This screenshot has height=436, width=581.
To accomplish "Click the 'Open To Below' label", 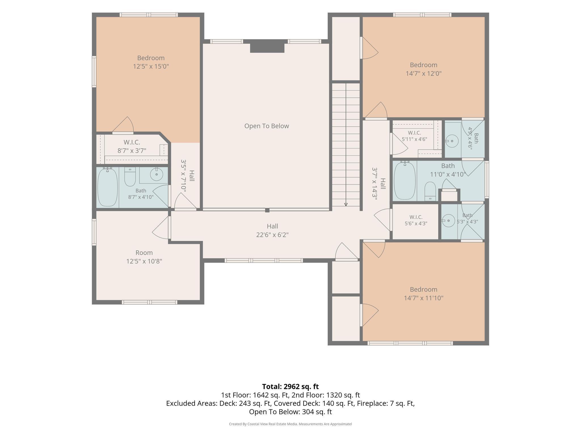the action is (x=267, y=126).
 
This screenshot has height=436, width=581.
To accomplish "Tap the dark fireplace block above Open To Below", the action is (x=267, y=48).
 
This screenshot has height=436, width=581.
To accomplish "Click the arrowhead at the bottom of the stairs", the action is (x=346, y=204).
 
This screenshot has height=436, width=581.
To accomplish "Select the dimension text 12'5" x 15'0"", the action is (x=151, y=66).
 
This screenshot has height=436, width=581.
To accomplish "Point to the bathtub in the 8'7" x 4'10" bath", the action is (x=108, y=187).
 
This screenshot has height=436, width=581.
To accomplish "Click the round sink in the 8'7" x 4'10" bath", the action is (x=156, y=174).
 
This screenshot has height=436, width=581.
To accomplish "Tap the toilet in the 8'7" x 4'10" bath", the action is (x=130, y=177).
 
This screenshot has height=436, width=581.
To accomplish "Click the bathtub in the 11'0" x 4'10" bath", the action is (x=405, y=180).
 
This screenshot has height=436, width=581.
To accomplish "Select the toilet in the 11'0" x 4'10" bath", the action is (x=430, y=191).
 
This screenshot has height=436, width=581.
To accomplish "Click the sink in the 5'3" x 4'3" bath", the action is (x=448, y=221).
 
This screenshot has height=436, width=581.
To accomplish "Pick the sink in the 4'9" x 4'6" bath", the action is (x=452, y=141).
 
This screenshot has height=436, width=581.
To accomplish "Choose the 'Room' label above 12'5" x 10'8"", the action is (x=144, y=253).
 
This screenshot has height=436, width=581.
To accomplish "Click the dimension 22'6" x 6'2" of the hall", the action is (x=272, y=235).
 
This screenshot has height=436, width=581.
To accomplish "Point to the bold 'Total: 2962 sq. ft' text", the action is (x=290, y=387).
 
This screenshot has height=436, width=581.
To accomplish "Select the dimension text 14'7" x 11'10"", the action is (x=424, y=298).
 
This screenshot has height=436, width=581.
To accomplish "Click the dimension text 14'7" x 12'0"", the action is (x=424, y=74).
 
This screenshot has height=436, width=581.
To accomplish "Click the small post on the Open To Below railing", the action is (x=267, y=210).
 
